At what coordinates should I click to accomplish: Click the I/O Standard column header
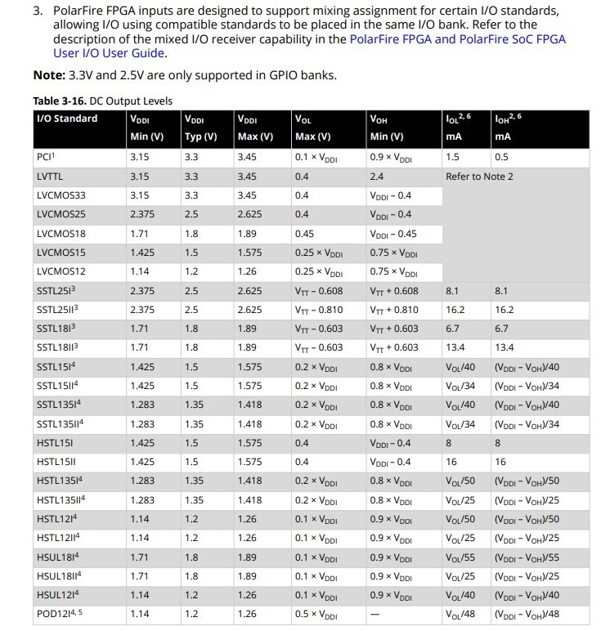pyautogui.click(x=67, y=119)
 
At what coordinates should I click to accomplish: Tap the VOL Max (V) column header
pyautogui.click(x=312, y=128)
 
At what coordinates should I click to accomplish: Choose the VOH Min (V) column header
pyautogui.click(x=387, y=128)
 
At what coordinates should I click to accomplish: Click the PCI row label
pyautogui.click(x=46, y=157)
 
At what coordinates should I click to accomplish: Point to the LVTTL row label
pyautogui.click(x=50, y=177)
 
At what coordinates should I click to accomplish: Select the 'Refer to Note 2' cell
pyautogui.click(x=479, y=177)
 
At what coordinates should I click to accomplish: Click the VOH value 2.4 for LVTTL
pyautogui.click(x=377, y=177)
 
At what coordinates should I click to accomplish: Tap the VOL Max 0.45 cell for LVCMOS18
pyautogui.click(x=304, y=234)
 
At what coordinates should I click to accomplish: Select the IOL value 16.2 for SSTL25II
pyautogui.click(x=455, y=310)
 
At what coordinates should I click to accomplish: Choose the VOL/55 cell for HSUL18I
pyautogui.click(x=460, y=557)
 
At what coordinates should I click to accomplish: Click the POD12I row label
pyautogui.click(x=58, y=614)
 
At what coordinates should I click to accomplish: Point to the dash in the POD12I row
pyautogui.click(x=375, y=614)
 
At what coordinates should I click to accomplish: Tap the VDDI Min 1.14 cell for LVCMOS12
pyautogui.click(x=141, y=271)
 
